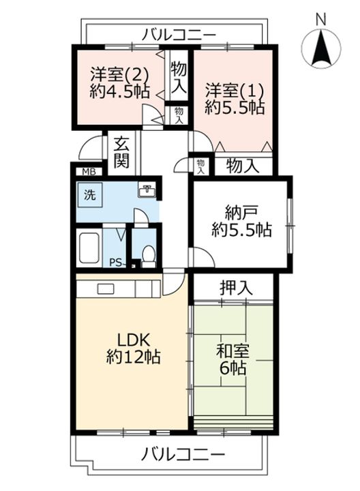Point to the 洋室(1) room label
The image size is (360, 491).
click(236, 89)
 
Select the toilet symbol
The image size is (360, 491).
click(148, 254)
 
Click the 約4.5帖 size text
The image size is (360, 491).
click(120, 92)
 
